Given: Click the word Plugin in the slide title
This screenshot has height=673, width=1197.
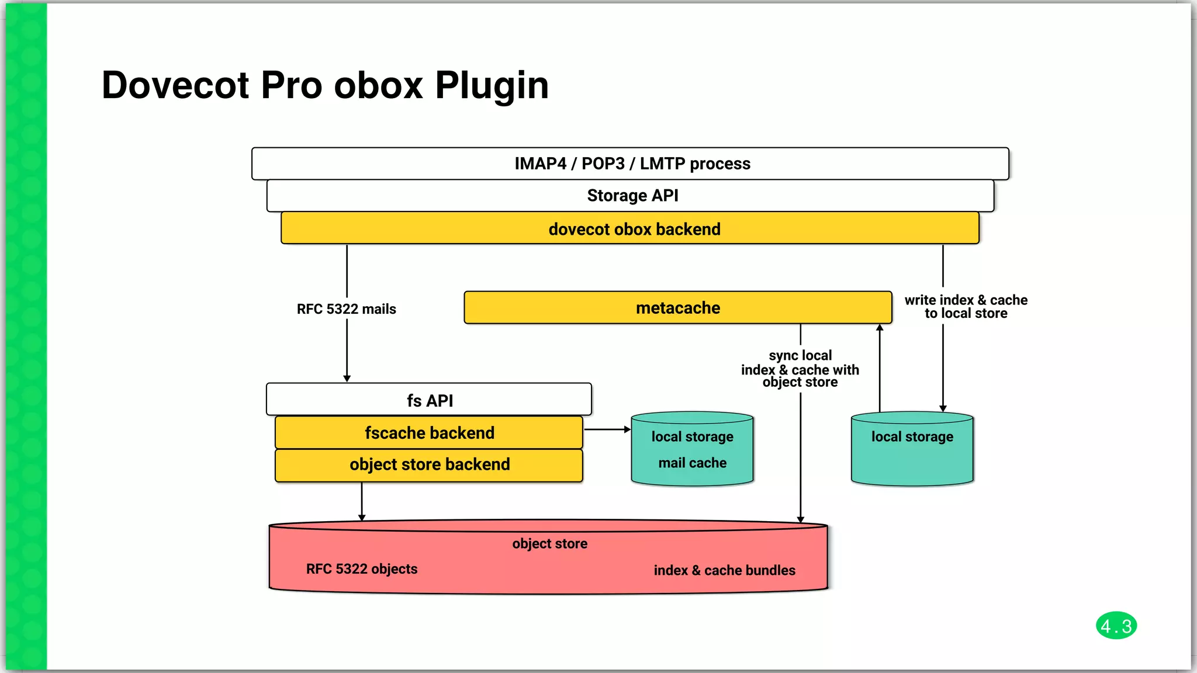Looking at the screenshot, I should click(x=492, y=86).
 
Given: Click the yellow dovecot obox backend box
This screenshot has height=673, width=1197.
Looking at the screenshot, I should click(x=630, y=228).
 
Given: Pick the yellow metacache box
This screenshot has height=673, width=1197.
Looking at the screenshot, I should click(x=677, y=308).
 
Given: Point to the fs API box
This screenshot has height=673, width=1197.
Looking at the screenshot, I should click(x=429, y=400).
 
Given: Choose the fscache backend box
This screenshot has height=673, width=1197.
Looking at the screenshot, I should click(x=429, y=433).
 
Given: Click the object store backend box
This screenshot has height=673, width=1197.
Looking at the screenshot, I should click(x=429, y=465).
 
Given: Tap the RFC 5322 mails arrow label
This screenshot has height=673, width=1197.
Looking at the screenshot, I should click(x=346, y=309).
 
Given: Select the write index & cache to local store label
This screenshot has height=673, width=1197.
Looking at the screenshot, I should click(x=966, y=307).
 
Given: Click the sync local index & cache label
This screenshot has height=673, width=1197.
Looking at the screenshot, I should click(x=800, y=369).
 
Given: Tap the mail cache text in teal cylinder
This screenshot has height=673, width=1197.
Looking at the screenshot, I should click(x=692, y=463).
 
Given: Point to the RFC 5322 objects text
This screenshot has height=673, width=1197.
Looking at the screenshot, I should click(x=362, y=569).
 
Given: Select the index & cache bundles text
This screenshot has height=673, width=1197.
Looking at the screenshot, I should click(x=724, y=570).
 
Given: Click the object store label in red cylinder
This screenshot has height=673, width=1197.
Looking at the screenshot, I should click(x=549, y=544).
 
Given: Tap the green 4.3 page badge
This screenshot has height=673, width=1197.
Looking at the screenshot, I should click(x=1116, y=626).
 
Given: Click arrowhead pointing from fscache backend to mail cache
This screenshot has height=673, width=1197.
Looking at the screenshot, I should click(x=627, y=429).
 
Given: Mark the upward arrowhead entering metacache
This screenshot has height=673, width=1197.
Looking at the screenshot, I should click(x=880, y=328).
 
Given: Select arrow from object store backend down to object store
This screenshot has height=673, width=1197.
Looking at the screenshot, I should click(x=362, y=502).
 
